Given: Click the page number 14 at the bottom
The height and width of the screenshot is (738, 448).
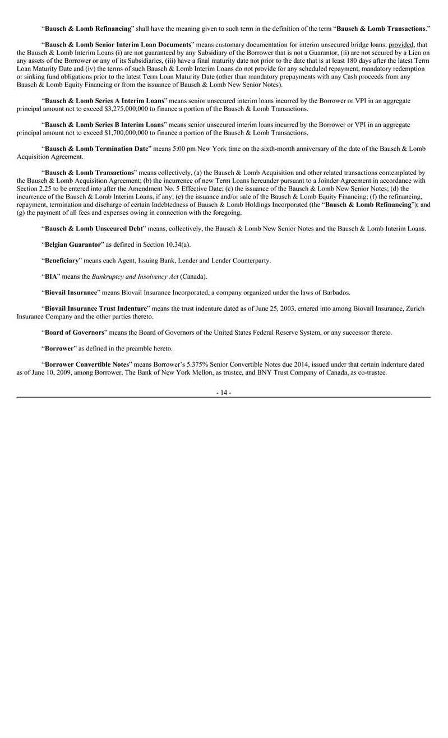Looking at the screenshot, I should [x=224, y=393].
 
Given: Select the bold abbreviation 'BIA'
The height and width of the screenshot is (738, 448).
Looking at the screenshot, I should [x=52, y=276].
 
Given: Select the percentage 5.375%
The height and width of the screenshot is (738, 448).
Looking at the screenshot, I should [x=200, y=364].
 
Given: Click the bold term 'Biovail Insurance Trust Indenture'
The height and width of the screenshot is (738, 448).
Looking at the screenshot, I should [x=96, y=308].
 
